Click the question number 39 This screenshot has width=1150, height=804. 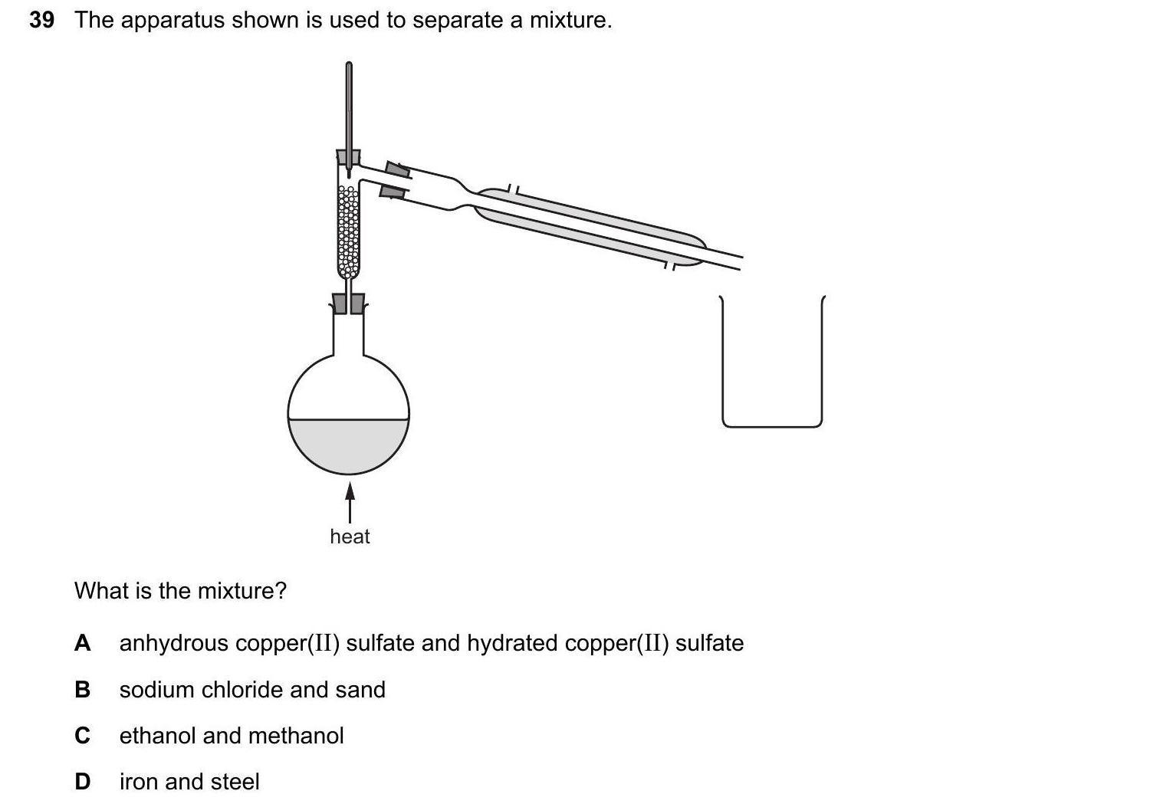pos(41,20)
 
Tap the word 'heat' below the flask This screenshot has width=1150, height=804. pos(350,537)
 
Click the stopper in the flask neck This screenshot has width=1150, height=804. pos(348,304)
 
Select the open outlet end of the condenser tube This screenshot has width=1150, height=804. pos(740,262)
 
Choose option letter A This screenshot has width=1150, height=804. pos(82,643)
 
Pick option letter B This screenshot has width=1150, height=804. pos(82,690)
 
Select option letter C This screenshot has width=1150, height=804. pos(82,736)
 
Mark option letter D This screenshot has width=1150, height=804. pos(82,782)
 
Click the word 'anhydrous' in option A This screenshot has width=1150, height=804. pos(174,643)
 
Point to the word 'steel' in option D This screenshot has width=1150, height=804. pos(235,782)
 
